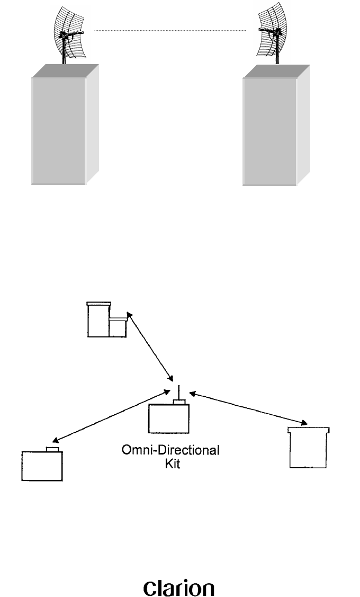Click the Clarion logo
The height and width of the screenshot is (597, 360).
(179, 575)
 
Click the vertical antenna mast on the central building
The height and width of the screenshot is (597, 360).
(179, 392)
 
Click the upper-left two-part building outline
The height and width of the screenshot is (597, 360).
(106, 320)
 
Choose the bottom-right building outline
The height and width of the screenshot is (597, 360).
(309, 448)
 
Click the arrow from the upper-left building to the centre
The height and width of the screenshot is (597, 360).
(150, 347)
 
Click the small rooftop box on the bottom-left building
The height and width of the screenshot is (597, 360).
(52, 449)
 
